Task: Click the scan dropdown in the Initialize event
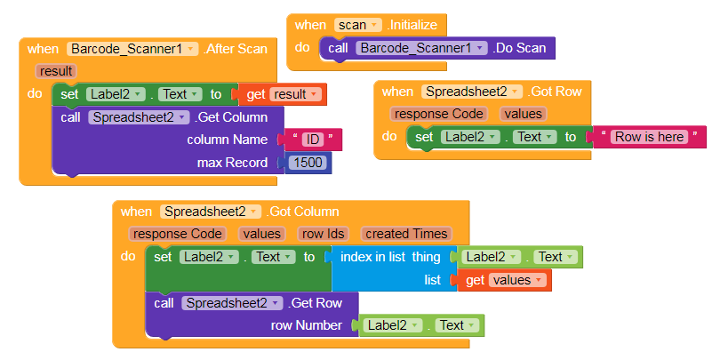tap(358, 25)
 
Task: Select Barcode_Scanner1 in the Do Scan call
tap(421, 48)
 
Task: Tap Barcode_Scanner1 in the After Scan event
tap(132, 49)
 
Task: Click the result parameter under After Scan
tap(56, 71)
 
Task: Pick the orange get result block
tap(283, 94)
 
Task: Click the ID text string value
tap(312, 140)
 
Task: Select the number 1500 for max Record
tap(308, 163)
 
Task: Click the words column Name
tap(227, 140)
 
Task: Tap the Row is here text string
tap(649, 137)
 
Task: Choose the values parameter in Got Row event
tap(523, 114)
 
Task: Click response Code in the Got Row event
tap(438, 114)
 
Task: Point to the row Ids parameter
tap(324, 234)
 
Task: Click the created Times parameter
tap(406, 234)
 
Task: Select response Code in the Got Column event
tap(177, 234)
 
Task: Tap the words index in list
tap(372, 257)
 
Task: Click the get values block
tap(505, 280)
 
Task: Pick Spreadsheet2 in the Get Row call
tap(232, 303)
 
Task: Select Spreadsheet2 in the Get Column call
tap(139, 117)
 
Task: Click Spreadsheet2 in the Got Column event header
tap(211, 212)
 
